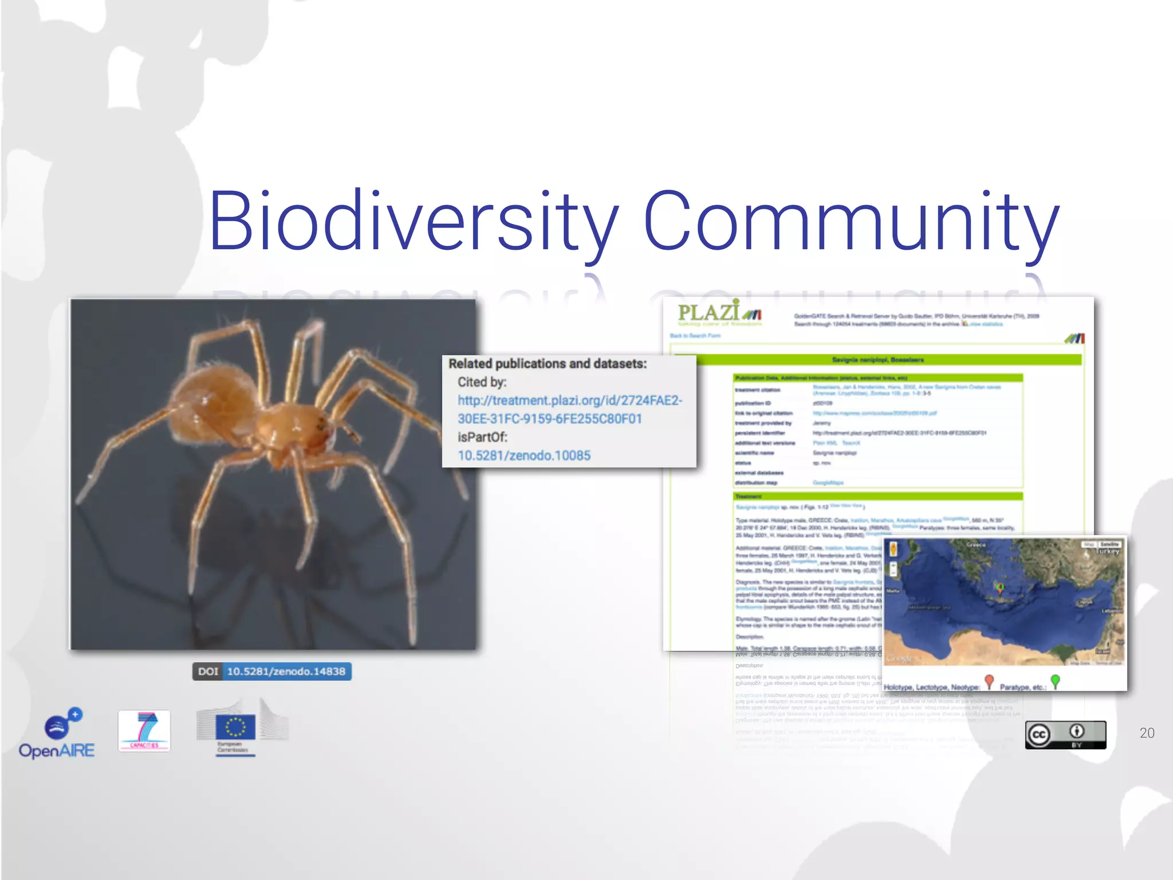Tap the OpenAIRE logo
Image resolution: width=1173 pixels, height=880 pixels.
coord(57,733)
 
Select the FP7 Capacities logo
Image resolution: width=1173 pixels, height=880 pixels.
coord(144,730)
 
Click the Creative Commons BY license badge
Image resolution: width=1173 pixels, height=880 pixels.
coord(1065,734)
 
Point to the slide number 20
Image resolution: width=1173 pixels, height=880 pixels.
coord(1147,733)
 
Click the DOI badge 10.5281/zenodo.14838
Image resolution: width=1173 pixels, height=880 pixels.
coord(272,671)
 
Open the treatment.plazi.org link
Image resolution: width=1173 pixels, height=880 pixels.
coord(569,410)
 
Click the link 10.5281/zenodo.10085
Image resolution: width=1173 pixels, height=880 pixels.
coord(524,455)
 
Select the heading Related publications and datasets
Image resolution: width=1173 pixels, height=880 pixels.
coord(547,364)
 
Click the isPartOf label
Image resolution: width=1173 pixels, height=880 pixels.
coord(482,437)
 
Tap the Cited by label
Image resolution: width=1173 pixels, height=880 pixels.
coord(482,382)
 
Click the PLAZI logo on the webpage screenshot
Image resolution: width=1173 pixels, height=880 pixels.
coord(719,313)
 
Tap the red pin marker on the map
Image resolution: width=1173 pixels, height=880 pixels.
coord(999,587)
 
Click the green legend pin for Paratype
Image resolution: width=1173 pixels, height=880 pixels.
coord(1056,681)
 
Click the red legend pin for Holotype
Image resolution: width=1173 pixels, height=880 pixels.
coord(989,681)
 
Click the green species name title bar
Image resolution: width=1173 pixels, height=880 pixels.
coord(877,360)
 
